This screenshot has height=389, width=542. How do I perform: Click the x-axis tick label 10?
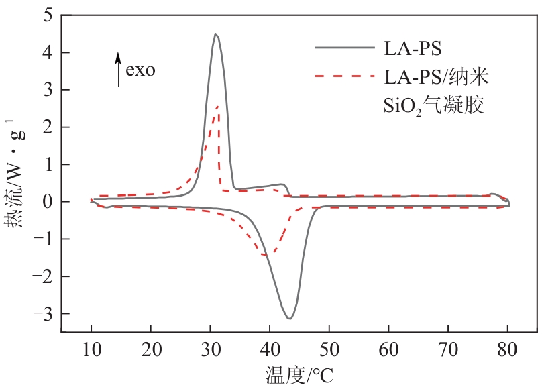[91, 348]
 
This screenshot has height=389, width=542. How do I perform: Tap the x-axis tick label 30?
[210, 348]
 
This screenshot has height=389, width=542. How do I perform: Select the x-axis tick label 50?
[329, 348]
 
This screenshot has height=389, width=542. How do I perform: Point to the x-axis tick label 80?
[508, 348]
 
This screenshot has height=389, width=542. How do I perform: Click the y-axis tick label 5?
[48, 15]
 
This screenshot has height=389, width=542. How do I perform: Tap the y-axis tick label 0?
[48, 202]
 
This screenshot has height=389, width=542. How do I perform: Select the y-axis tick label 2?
[48, 127]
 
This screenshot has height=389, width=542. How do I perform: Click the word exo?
[140, 70]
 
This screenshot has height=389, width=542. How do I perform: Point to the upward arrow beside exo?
[119, 69]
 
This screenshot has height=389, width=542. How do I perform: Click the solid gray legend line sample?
[343, 47]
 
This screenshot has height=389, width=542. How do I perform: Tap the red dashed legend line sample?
[343, 76]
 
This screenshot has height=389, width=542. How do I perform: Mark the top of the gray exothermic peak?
[215, 34]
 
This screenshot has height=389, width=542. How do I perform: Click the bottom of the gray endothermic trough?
[289, 318]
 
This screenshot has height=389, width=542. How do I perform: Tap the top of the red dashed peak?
[218, 106]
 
